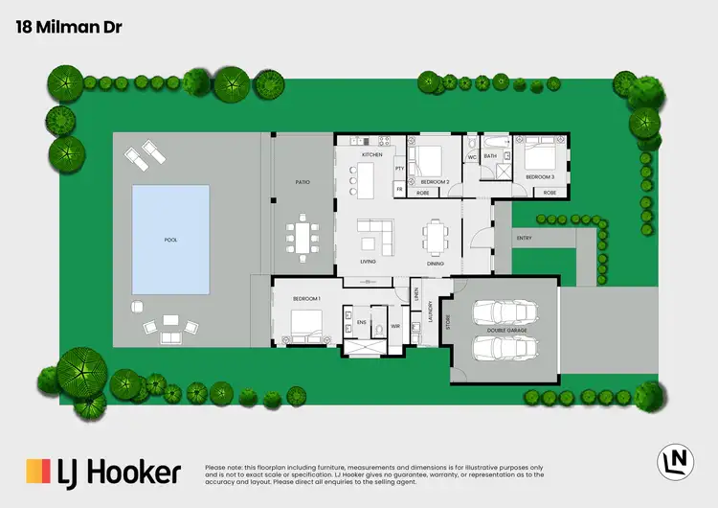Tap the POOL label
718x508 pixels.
[x=170, y=241]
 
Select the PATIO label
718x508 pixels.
[x=303, y=182]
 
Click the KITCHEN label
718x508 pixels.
[x=371, y=154]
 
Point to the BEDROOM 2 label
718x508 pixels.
[x=435, y=181]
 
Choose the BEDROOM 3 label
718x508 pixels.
[x=540, y=177]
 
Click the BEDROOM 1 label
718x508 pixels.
[x=306, y=300]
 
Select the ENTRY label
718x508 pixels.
[x=523, y=238]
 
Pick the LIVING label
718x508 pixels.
[x=368, y=262]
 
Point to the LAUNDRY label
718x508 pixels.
[x=432, y=312]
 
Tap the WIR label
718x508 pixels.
[x=394, y=327]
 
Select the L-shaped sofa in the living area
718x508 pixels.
[x=375, y=234]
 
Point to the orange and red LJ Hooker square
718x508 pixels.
[x=37, y=472]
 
